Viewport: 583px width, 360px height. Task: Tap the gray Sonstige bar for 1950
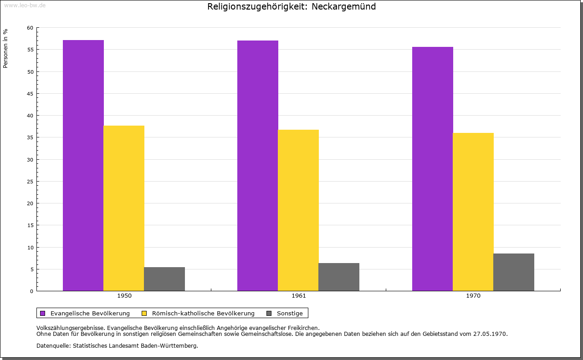[x=164, y=279]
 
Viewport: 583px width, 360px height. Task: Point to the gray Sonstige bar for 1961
[x=339, y=277]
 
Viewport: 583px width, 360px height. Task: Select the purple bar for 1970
[x=433, y=168]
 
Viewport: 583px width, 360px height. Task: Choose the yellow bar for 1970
[x=473, y=212]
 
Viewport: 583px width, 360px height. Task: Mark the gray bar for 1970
[x=514, y=272]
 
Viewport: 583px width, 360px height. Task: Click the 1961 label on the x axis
[x=299, y=296]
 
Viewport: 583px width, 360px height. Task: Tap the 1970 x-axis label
[x=473, y=296]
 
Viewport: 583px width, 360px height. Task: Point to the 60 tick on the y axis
[x=30, y=28]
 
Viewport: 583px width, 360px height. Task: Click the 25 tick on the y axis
[x=30, y=182]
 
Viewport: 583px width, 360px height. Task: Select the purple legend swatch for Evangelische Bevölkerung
[x=43, y=313]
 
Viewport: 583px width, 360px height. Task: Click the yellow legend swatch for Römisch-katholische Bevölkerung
[x=144, y=313]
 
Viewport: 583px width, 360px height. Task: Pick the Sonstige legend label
[x=290, y=313]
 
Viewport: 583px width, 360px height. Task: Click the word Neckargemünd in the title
[x=343, y=7]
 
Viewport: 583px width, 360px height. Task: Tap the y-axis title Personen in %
[x=5, y=48]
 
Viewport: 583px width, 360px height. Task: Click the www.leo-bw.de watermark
[x=24, y=5]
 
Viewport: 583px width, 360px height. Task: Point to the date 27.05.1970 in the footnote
[x=491, y=334]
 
